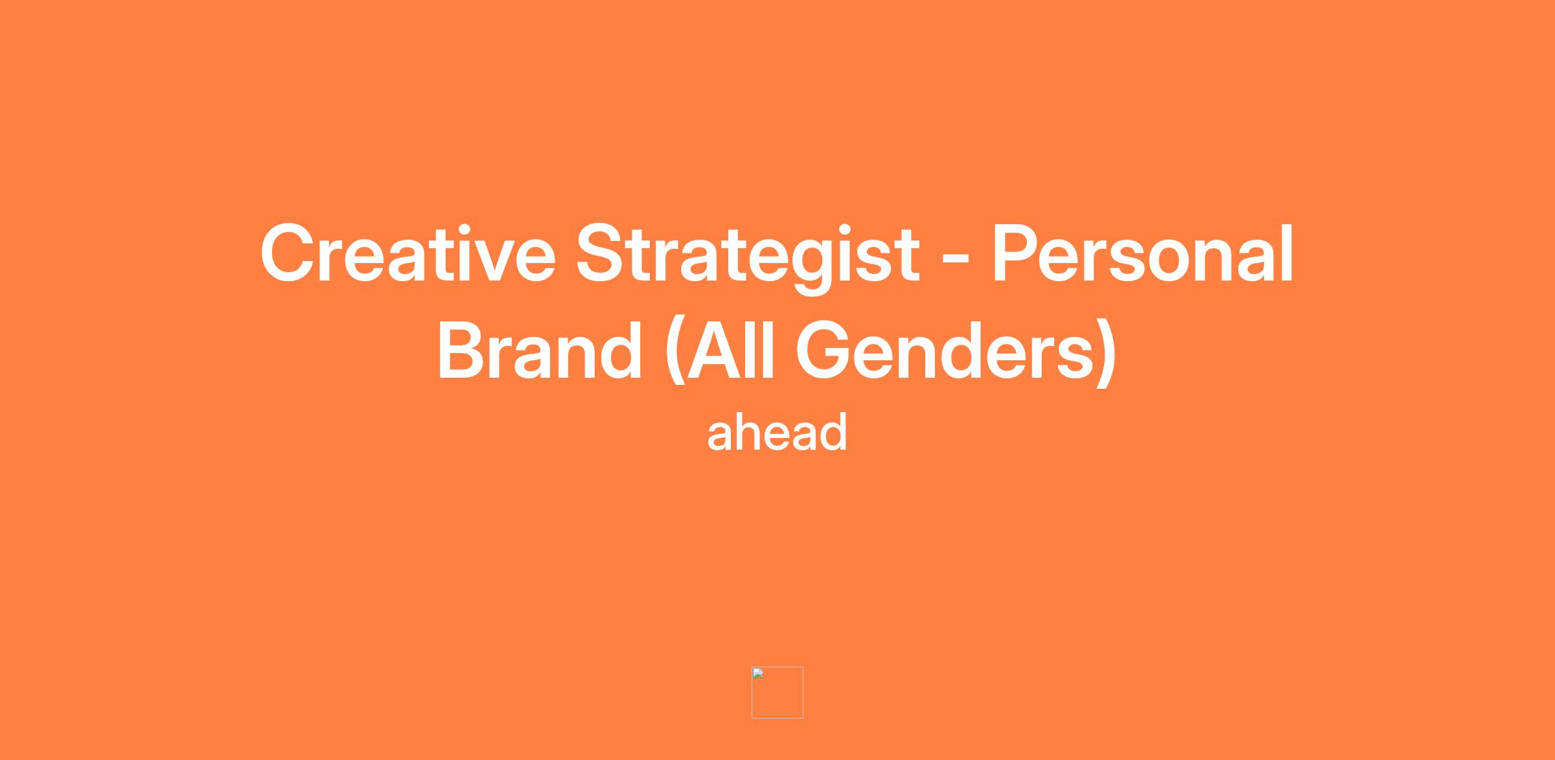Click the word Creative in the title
[408, 253]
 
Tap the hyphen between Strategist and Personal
[956, 261]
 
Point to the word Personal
[1143, 253]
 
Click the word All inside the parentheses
[731, 351]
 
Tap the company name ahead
[777, 432]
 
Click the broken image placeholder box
[777, 693]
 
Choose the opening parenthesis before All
[674, 353]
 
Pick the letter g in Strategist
[811, 268]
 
